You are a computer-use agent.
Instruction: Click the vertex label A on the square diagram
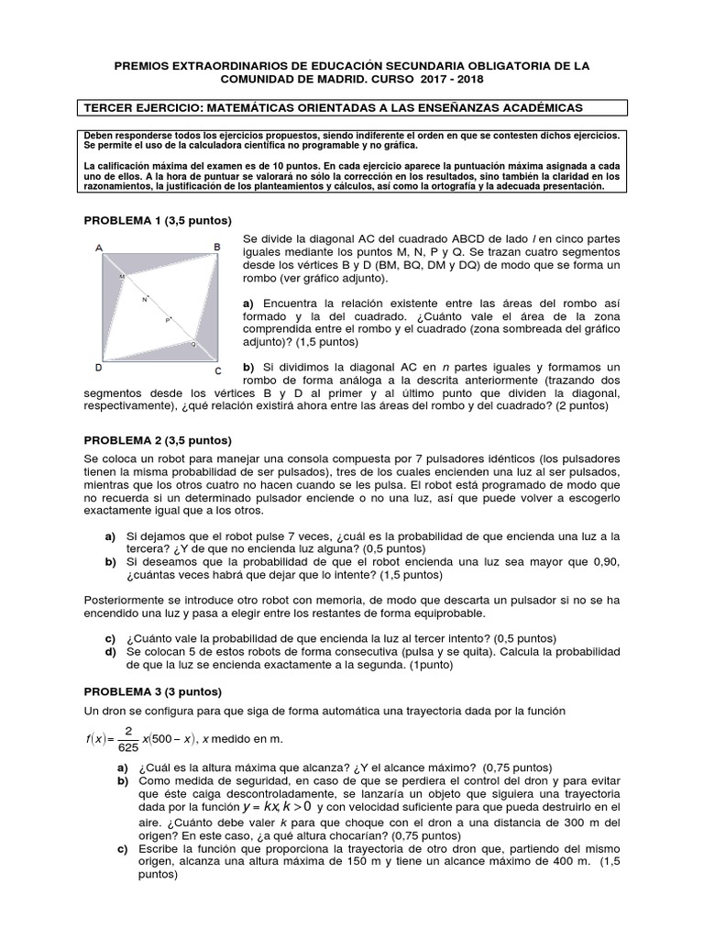point(99,248)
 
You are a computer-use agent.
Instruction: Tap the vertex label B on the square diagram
point(217,247)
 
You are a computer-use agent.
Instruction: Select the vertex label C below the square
point(217,370)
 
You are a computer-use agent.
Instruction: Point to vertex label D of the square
point(99,367)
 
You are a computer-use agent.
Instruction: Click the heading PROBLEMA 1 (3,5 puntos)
point(158,221)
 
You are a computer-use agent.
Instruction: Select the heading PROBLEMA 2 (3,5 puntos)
point(158,441)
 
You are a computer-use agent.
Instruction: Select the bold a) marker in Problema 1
point(247,303)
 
